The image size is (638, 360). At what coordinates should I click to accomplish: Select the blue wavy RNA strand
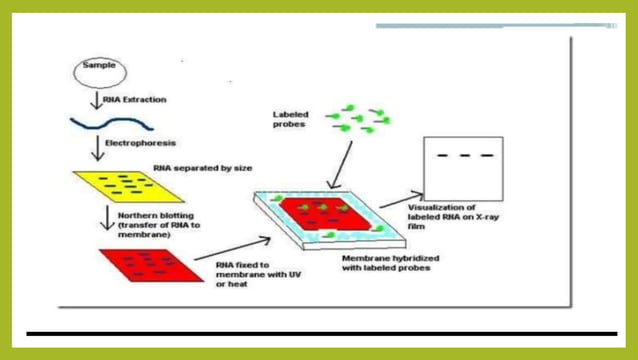click(110, 124)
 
